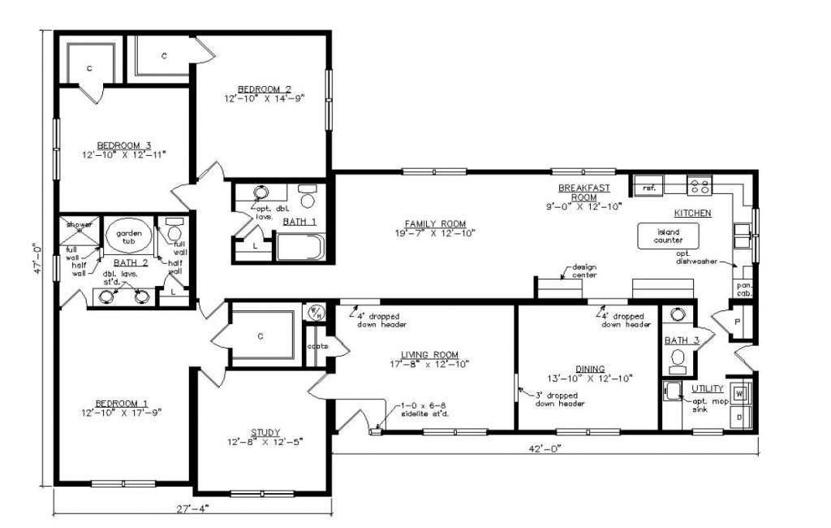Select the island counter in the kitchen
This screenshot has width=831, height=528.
(662, 236)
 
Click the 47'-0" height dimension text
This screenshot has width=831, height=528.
(36, 259)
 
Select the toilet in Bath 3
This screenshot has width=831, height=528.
(675, 316)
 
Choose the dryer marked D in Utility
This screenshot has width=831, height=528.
(739, 418)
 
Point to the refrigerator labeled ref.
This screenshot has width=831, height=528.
(649, 188)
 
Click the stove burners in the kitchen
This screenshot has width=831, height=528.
(699, 186)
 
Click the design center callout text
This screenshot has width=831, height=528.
(583, 270)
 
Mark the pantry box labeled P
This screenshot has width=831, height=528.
(738, 322)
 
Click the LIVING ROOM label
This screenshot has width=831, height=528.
(429, 354)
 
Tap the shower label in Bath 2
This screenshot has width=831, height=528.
(80, 224)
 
